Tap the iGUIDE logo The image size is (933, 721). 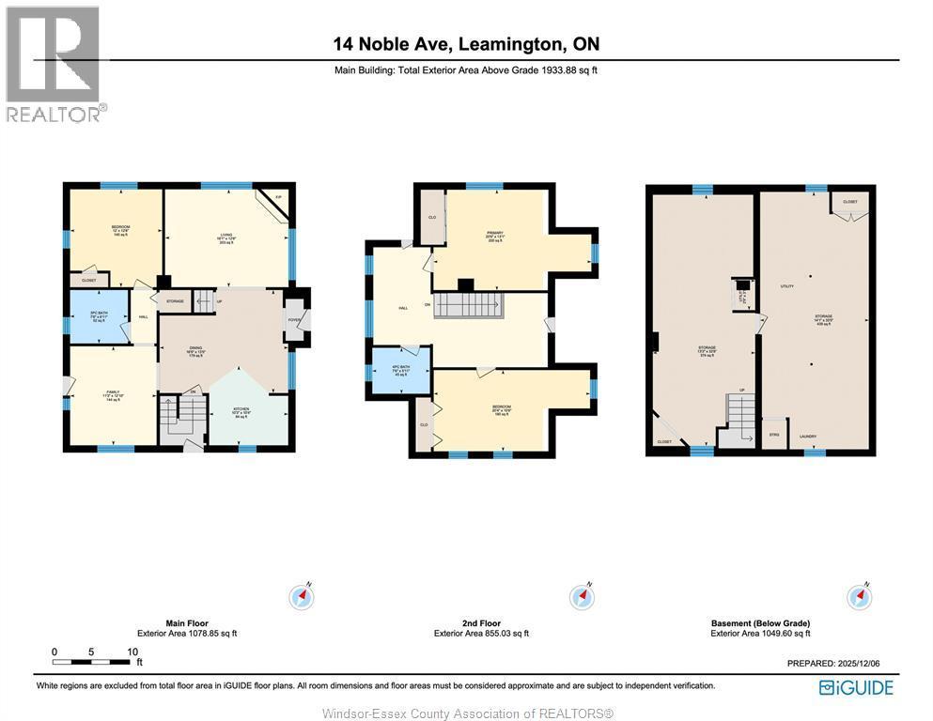click(x=856, y=687)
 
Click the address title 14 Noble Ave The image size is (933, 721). click(x=466, y=43)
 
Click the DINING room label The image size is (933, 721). click(x=196, y=348)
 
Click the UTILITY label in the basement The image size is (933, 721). click(x=786, y=285)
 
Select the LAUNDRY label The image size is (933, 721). click(x=807, y=437)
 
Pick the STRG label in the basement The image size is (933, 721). click(x=773, y=435)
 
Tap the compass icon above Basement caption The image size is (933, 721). click(x=859, y=597)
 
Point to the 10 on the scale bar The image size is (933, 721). click(x=132, y=652)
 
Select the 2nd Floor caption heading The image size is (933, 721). click(x=480, y=622)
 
